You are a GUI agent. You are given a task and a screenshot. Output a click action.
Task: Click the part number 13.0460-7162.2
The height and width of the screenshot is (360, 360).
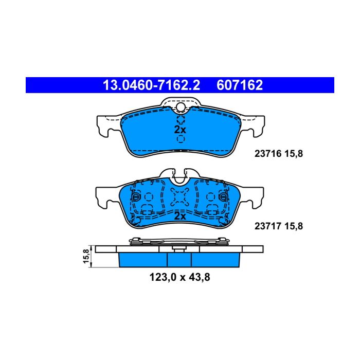tap(152, 85)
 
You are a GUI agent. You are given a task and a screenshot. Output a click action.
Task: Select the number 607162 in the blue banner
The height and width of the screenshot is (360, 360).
tap(240, 85)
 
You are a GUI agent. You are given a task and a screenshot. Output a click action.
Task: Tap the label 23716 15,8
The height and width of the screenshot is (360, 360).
tap(279, 154)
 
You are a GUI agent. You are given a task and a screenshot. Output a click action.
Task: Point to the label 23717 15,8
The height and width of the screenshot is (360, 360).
tap(279, 226)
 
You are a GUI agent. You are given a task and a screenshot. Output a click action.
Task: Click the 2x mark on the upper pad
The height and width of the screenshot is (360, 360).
tap(180, 130)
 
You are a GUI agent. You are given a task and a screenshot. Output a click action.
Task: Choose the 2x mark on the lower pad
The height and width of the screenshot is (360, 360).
tap(180, 216)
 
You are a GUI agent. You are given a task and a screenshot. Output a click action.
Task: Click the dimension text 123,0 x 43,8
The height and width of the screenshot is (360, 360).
tap(180, 277)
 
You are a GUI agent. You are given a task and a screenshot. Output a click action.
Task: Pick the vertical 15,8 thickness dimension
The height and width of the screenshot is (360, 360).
tap(86, 256)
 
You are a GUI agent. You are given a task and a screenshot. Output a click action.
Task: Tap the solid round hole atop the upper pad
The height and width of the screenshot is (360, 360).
tap(181, 106)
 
